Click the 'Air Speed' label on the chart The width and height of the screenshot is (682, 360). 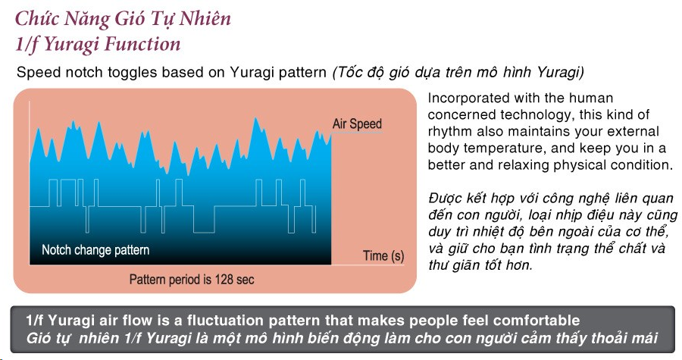pyautogui.click(x=357, y=124)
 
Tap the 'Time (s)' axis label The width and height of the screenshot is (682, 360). pyautogui.click(x=383, y=255)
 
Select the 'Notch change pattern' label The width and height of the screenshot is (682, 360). pyautogui.click(x=95, y=250)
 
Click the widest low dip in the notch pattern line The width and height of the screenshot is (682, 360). pyautogui.click(x=204, y=233)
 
